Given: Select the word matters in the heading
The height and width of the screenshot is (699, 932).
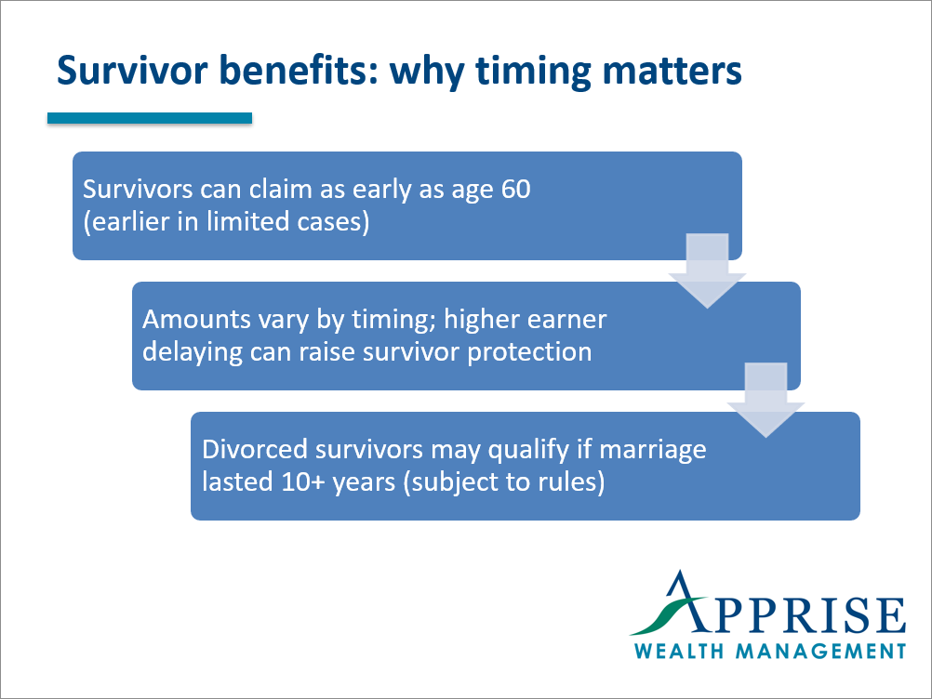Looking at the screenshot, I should pyautogui.click(x=673, y=71).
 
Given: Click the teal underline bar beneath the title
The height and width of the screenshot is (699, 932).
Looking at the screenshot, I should pyautogui.click(x=150, y=118).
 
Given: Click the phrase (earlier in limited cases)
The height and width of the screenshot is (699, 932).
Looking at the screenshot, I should pyautogui.click(x=226, y=224).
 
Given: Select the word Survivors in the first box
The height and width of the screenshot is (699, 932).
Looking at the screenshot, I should pyautogui.click(x=138, y=190).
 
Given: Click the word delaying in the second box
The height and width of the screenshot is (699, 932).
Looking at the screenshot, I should pyautogui.click(x=185, y=353).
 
